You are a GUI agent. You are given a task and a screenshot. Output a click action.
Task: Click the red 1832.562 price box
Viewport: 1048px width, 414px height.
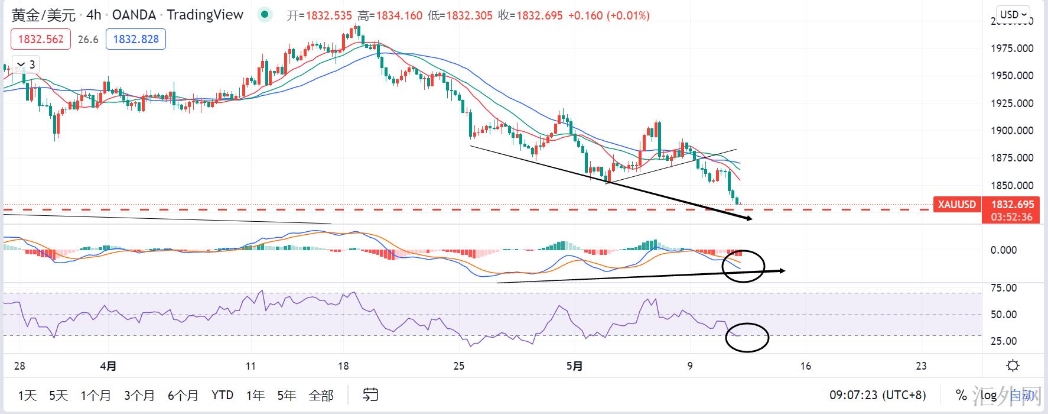(41, 40)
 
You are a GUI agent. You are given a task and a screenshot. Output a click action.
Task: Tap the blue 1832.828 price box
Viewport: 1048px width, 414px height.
(136, 40)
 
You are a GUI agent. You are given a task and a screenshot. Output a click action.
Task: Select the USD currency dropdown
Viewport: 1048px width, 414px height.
(1013, 14)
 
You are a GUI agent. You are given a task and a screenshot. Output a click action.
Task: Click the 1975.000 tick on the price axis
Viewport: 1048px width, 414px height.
(1012, 48)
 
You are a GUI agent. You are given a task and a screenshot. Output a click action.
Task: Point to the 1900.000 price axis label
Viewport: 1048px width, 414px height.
(1012, 131)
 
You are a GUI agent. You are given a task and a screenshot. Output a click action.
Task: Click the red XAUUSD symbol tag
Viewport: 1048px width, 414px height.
(956, 205)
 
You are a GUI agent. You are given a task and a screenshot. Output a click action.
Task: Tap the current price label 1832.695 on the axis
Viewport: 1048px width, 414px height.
(1012, 205)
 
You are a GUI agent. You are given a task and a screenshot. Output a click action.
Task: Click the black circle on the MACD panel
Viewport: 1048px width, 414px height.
(743, 266)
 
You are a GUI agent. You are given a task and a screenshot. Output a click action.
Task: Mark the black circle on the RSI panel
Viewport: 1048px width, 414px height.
(747, 338)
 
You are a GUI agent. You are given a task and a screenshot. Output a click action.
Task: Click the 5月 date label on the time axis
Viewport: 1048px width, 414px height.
(575, 366)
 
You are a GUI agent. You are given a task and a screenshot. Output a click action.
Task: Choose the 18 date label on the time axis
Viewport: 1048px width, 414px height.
(344, 366)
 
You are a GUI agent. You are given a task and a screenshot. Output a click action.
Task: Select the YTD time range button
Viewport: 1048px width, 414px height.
(222, 395)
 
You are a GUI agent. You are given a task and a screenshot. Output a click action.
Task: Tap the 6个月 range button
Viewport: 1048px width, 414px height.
(183, 395)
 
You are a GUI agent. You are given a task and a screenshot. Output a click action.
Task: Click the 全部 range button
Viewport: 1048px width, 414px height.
(321, 395)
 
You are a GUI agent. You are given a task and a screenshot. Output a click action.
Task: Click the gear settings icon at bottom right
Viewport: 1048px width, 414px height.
(1013, 366)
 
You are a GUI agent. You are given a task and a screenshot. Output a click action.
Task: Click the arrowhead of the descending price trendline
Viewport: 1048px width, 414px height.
(749, 219)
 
